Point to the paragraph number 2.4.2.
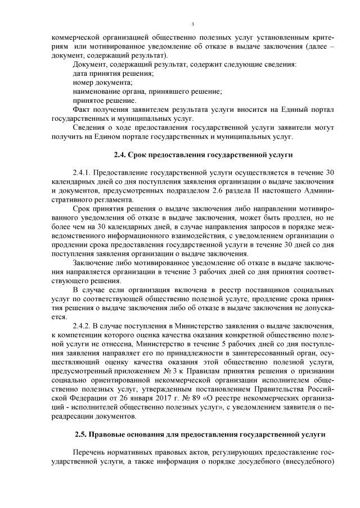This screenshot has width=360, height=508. coord(83,326)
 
